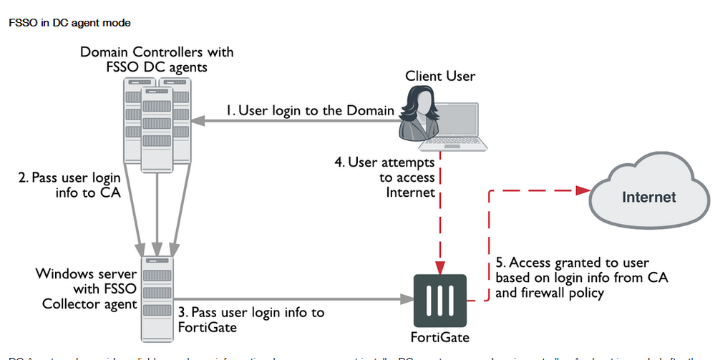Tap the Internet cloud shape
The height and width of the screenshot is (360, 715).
click(x=648, y=195)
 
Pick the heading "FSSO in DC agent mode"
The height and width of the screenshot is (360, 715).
click(x=69, y=23)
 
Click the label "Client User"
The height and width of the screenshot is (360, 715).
click(x=439, y=77)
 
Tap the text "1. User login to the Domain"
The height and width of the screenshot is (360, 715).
click(x=309, y=111)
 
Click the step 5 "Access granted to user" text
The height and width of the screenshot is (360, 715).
click(x=572, y=278)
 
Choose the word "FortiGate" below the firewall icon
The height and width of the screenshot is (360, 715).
click(x=442, y=336)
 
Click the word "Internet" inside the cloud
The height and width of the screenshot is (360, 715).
click(x=648, y=197)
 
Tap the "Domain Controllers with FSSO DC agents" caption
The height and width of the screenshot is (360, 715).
click(x=157, y=60)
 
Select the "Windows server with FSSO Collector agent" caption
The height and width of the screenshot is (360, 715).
click(x=87, y=288)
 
